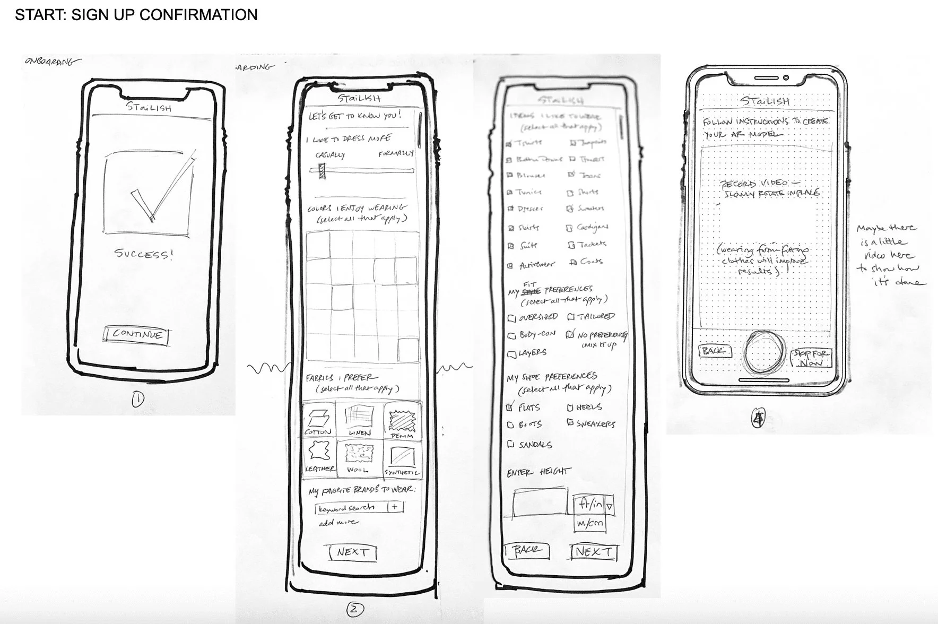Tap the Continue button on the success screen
137,335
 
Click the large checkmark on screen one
159,191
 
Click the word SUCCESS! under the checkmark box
144,254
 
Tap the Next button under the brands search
352,552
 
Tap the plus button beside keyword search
395,507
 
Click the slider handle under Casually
322,170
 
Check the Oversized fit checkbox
512,318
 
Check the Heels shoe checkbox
570,408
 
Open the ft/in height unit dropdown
609,506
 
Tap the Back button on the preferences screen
526,550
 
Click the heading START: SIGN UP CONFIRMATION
136,15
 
